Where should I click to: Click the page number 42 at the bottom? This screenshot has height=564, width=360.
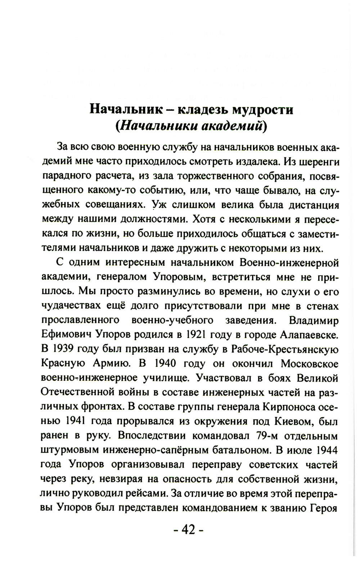188,529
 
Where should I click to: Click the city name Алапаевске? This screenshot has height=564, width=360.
309,335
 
